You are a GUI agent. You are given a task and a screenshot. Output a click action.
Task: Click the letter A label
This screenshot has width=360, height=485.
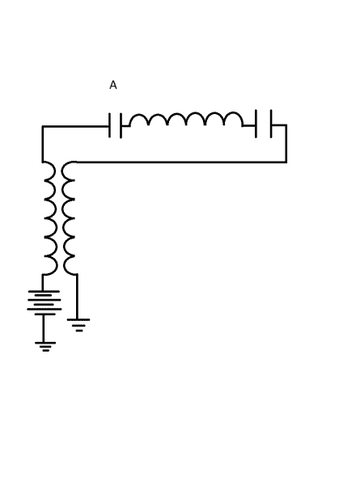pyautogui.click(x=113, y=85)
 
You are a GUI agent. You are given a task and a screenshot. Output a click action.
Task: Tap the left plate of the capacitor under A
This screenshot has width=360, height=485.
pyautogui.click(x=109, y=125)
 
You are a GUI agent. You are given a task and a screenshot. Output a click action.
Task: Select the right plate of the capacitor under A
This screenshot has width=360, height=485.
pyautogui.click(x=121, y=126)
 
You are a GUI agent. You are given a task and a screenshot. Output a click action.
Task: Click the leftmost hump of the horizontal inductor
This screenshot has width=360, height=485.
pyautogui.click(x=139, y=119)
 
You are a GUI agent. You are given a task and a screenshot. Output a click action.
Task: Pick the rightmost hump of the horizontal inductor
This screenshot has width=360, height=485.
pyautogui.click(x=233, y=119)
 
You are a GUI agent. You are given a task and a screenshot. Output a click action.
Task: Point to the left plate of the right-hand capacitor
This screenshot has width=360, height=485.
pyautogui.click(x=256, y=124)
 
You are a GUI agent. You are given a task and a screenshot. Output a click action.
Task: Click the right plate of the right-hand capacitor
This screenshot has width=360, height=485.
pyautogui.click(x=271, y=124)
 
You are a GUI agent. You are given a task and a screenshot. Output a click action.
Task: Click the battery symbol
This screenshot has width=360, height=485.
pyautogui.click(x=44, y=302)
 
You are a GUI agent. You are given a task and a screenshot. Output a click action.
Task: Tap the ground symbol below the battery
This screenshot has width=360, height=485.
pyautogui.click(x=45, y=347)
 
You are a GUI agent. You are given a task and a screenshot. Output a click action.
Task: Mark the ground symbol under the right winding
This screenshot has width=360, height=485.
pyautogui.click(x=78, y=325)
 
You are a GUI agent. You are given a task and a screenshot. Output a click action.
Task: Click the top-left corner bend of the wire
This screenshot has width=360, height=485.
pyautogui.click(x=43, y=126)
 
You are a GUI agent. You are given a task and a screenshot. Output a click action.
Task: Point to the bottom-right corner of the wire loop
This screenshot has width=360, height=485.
pyautogui.click(x=286, y=162)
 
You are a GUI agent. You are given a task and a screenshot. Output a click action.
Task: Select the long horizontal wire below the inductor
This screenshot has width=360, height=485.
pyautogui.click(x=181, y=162)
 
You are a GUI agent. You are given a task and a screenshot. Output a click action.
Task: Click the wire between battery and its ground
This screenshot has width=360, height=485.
pyautogui.click(x=44, y=328)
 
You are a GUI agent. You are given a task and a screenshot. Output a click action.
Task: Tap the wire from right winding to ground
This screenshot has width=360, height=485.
pyautogui.click(x=77, y=297)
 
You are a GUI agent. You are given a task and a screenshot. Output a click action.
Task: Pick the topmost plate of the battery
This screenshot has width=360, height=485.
pyautogui.click(x=44, y=291)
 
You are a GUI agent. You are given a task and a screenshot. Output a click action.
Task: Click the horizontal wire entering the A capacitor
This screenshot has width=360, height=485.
pyautogui.click(x=76, y=126)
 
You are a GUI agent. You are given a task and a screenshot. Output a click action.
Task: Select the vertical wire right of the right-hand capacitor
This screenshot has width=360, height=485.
pyautogui.click(x=286, y=144)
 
